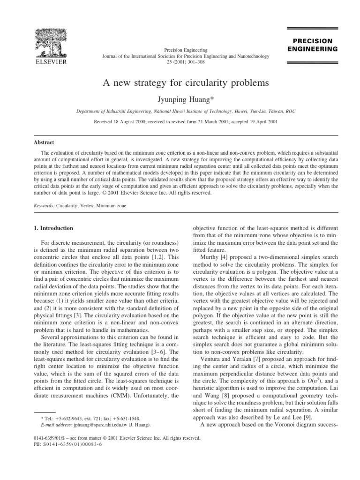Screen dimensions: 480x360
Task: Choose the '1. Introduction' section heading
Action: coord(51,228)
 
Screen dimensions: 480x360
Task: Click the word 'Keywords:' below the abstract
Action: coord(41,206)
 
